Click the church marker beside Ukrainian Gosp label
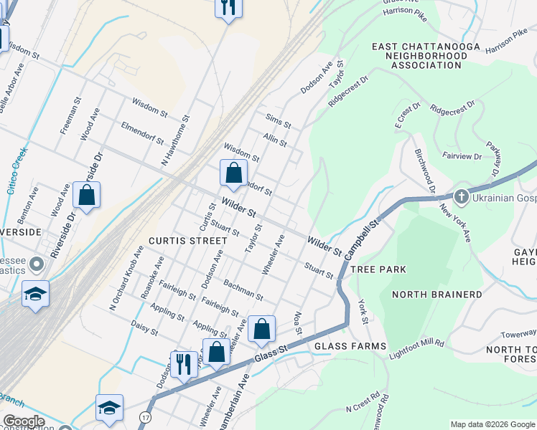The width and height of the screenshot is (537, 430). [461, 196]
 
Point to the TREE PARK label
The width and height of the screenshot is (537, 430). [378, 269]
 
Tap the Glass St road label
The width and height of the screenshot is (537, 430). [271, 350]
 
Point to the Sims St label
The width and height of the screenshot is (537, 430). [278, 120]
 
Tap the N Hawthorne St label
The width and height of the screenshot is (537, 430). [176, 139]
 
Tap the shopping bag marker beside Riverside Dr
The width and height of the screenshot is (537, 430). [86, 195]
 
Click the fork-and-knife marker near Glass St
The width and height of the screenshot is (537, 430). [184, 363]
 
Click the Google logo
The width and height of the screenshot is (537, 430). [24, 421]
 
